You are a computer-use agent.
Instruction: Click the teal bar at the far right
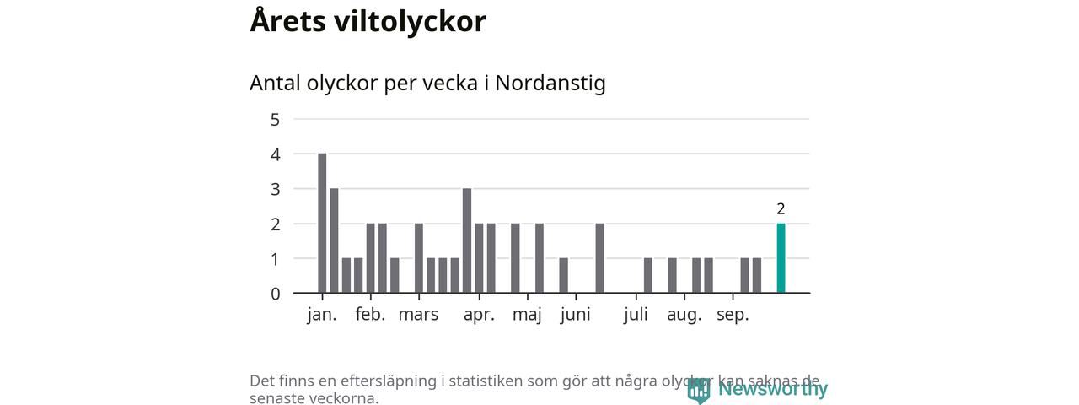click(x=781, y=258)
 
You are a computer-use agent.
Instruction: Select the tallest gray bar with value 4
click(x=322, y=223)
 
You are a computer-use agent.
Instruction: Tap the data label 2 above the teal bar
click(x=781, y=209)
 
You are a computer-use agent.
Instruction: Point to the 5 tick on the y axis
click(x=275, y=119)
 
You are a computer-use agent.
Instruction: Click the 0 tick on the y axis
click(x=275, y=294)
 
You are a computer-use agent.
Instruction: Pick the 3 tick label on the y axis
click(x=275, y=189)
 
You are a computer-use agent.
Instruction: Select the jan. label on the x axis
click(x=322, y=315)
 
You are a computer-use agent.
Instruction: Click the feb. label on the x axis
click(x=370, y=315)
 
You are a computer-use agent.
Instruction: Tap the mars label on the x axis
click(x=418, y=315)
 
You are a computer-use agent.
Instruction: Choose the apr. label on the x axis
click(x=479, y=315)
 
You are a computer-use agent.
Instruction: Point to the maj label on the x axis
click(x=527, y=315)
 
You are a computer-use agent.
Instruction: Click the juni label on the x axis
click(x=575, y=315)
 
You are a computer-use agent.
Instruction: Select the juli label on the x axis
click(x=636, y=315)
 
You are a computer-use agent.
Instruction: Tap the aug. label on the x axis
click(x=684, y=315)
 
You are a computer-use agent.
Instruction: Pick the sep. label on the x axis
click(x=733, y=315)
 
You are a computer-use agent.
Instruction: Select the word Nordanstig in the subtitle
click(x=550, y=84)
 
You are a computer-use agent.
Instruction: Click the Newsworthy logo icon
click(x=699, y=390)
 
